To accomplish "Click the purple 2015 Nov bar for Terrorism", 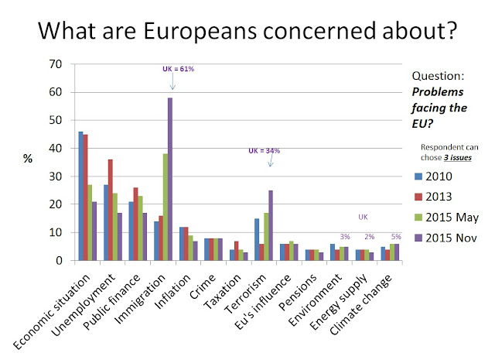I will pos(271,225).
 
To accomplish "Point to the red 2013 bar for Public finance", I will pos(137,224).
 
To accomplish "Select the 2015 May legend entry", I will pos(446,218).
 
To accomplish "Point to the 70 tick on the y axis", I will pos(50,64).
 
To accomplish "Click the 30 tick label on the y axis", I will pos(50,177).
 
